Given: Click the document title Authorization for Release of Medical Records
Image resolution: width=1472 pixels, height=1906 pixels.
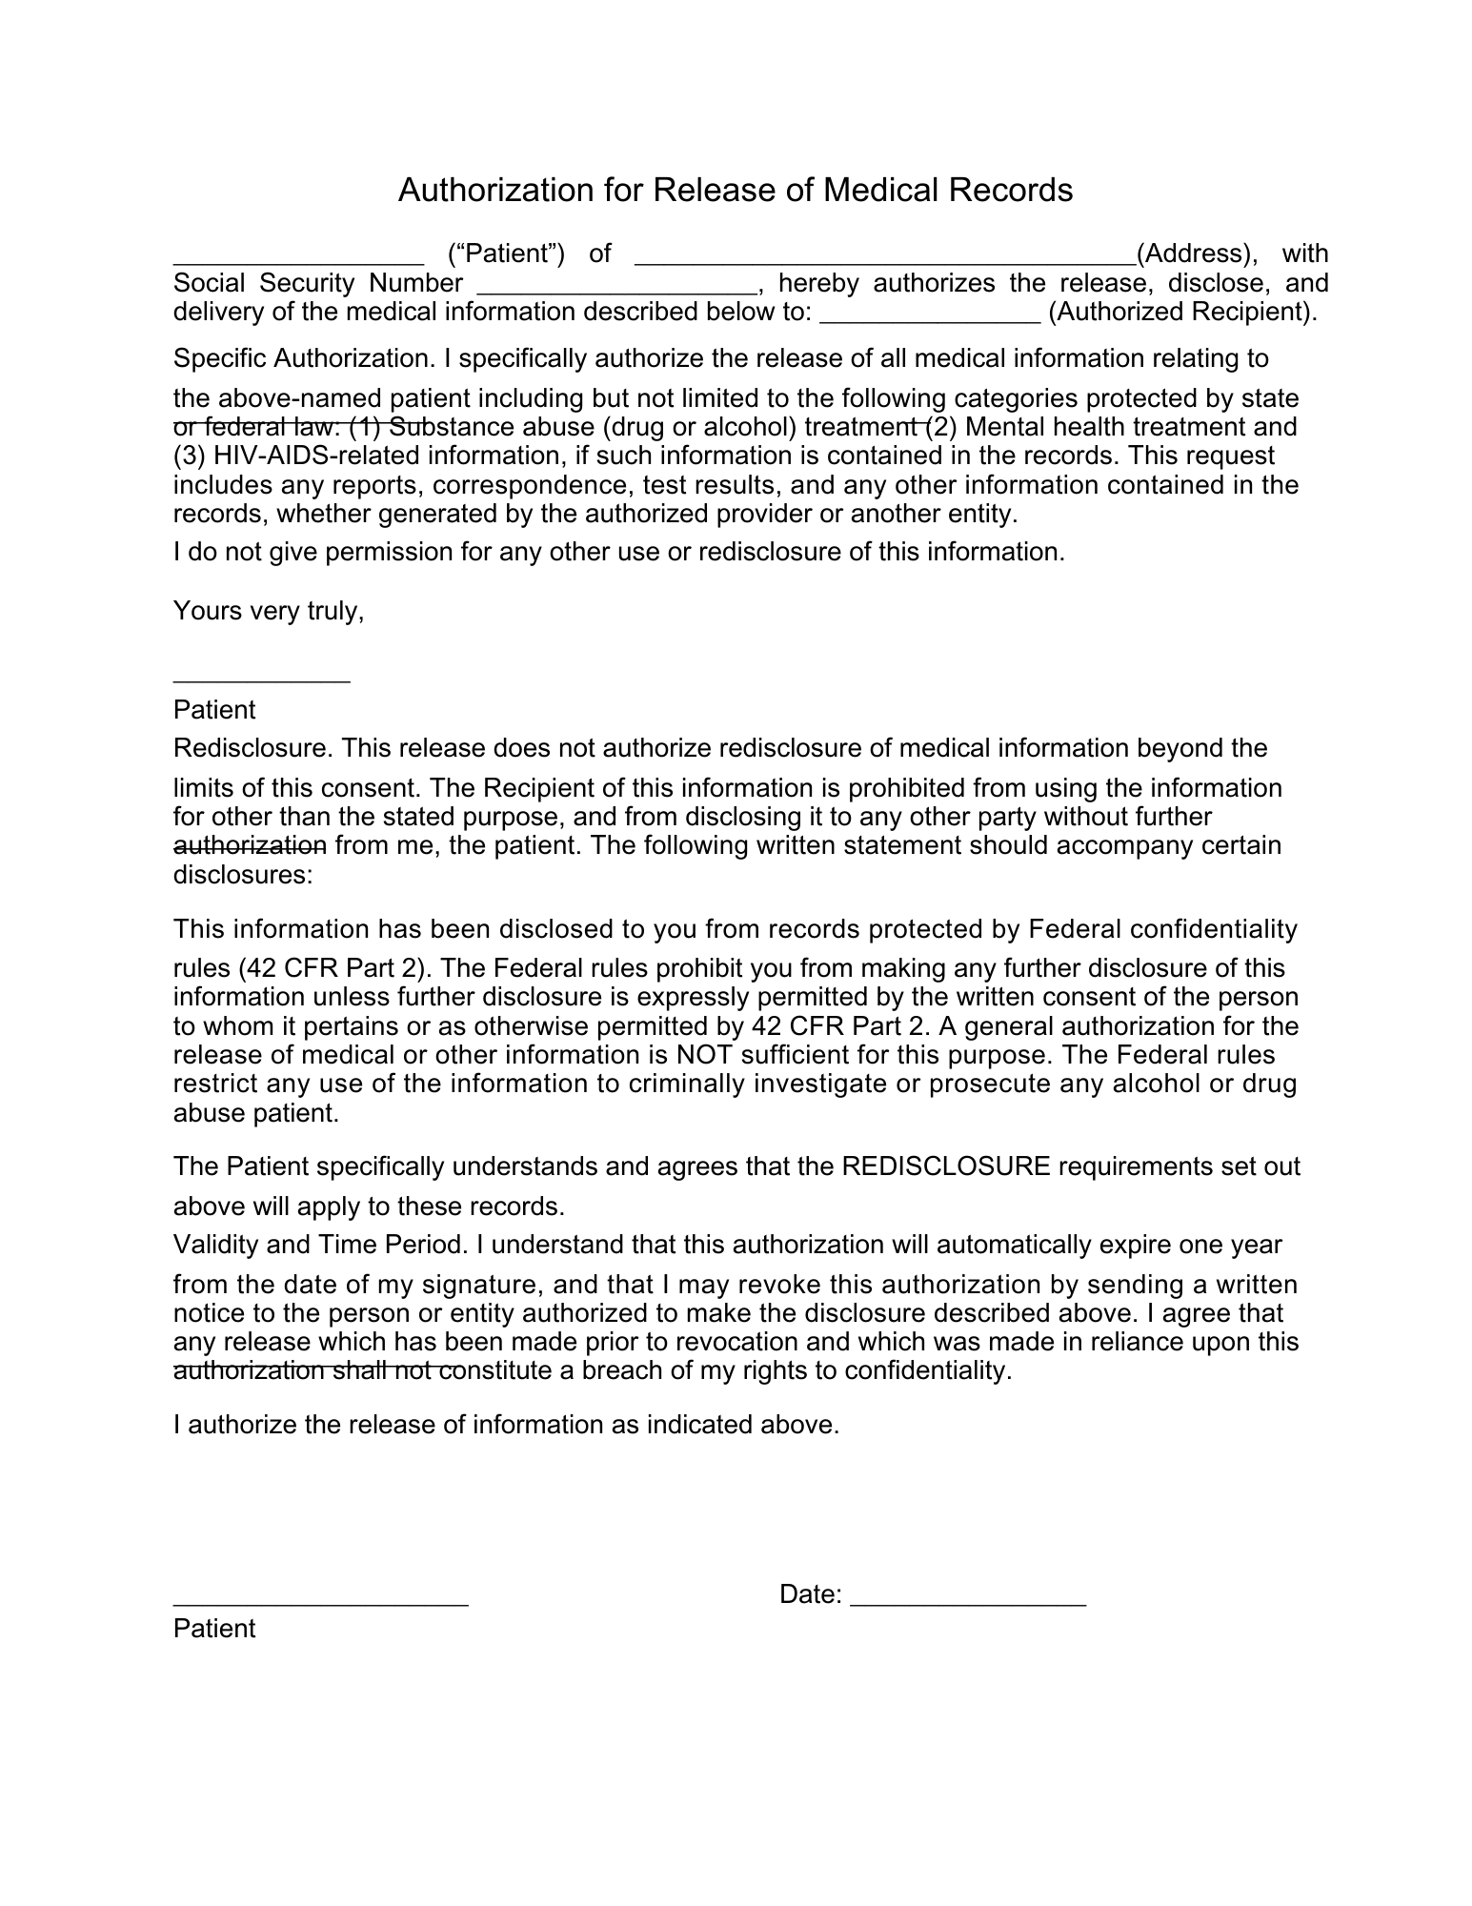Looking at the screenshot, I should (735, 191).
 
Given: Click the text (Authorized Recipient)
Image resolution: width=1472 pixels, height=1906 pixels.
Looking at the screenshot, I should (1182, 313).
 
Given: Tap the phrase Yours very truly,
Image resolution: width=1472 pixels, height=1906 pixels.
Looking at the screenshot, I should (269, 611).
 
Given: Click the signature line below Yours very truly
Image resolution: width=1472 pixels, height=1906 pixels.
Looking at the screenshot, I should (261, 679).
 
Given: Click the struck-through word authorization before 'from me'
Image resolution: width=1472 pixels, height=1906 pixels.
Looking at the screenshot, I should (250, 845).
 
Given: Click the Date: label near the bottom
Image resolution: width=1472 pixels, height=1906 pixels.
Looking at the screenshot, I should (810, 1594).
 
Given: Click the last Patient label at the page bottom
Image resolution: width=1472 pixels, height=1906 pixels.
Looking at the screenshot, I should (214, 1628).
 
